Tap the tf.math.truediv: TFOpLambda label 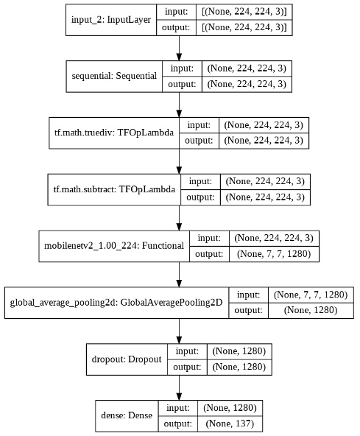click(x=113, y=133)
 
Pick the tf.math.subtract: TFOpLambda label click(x=114, y=189)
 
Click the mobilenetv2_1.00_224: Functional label click(x=113, y=245)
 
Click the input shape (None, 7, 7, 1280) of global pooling click(x=313, y=293)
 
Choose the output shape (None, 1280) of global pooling click(x=313, y=311)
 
